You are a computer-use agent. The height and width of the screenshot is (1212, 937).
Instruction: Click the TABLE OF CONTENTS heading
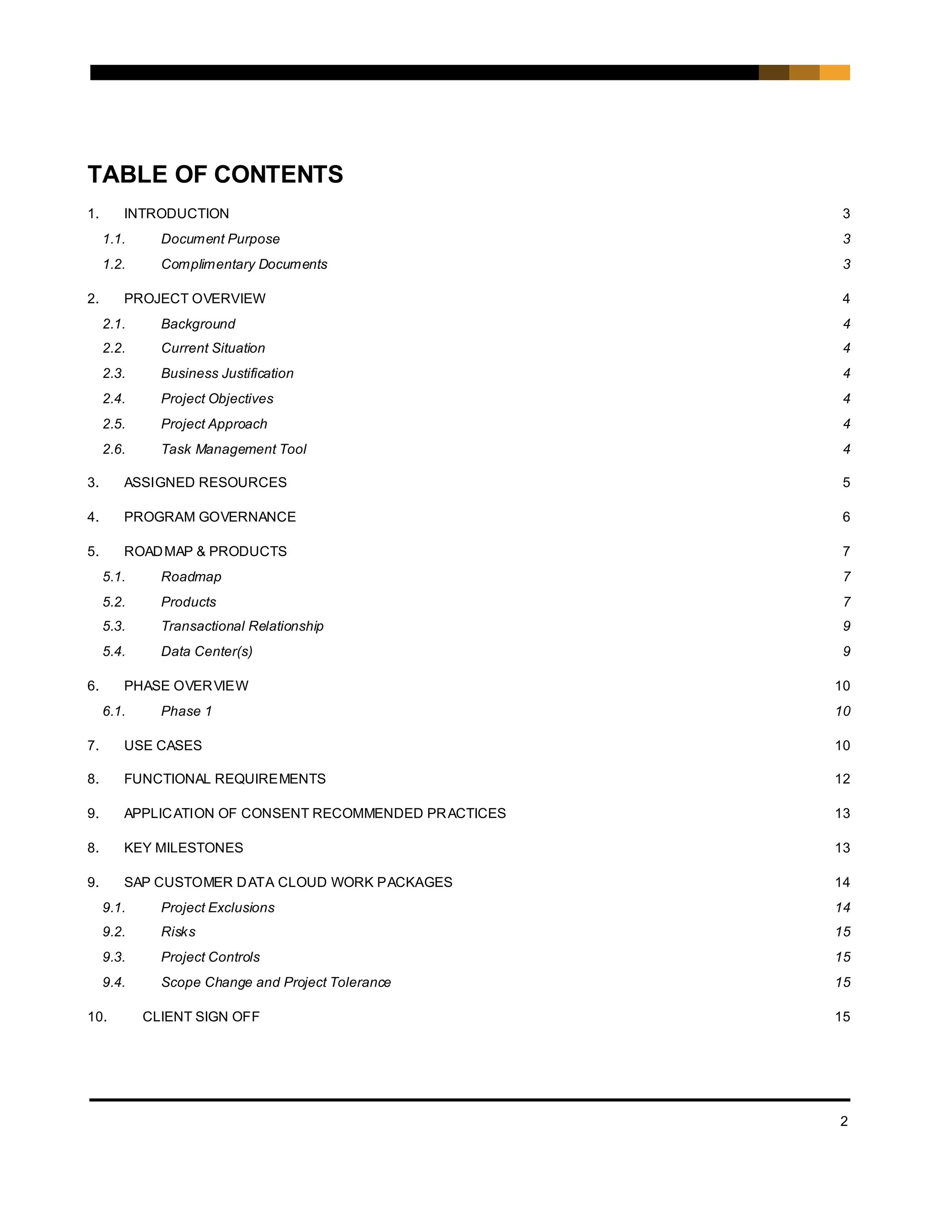tap(215, 174)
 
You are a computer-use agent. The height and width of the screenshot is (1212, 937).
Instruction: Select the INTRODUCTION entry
tap(176, 214)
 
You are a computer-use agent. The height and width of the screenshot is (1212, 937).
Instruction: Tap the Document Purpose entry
tap(221, 239)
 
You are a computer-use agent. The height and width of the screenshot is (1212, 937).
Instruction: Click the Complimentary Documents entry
tap(244, 264)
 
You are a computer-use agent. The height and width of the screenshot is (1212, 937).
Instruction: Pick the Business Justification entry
tap(227, 374)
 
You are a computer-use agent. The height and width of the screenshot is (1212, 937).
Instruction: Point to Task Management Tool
tap(234, 449)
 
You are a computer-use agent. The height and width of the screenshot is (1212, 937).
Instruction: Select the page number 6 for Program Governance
tap(846, 517)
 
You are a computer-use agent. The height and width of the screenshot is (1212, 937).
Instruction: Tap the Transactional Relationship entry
tap(242, 626)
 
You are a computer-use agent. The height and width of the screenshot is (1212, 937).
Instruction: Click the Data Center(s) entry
tap(206, 651)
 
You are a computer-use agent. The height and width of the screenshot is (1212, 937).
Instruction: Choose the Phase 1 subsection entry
tap(187, 712)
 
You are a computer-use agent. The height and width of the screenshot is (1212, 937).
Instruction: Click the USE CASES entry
tap(162, 745)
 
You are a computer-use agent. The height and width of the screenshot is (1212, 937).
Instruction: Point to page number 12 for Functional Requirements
tap(842, 779)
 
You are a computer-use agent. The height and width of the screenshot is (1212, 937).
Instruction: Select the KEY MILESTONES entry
tap(183, 848)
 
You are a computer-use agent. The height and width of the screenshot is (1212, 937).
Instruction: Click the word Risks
tap(178, 932)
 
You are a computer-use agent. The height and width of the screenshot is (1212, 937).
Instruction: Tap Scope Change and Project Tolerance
tap(276, 982)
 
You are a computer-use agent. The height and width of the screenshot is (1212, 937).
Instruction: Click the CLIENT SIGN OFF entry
tap(201, 1017)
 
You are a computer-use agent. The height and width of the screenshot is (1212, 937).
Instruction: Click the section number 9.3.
tap(114, 957)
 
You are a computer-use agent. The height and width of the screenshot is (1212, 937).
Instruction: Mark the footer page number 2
tap(844, 1121)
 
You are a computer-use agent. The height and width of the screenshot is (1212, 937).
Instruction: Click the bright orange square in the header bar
tap(835, 73)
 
